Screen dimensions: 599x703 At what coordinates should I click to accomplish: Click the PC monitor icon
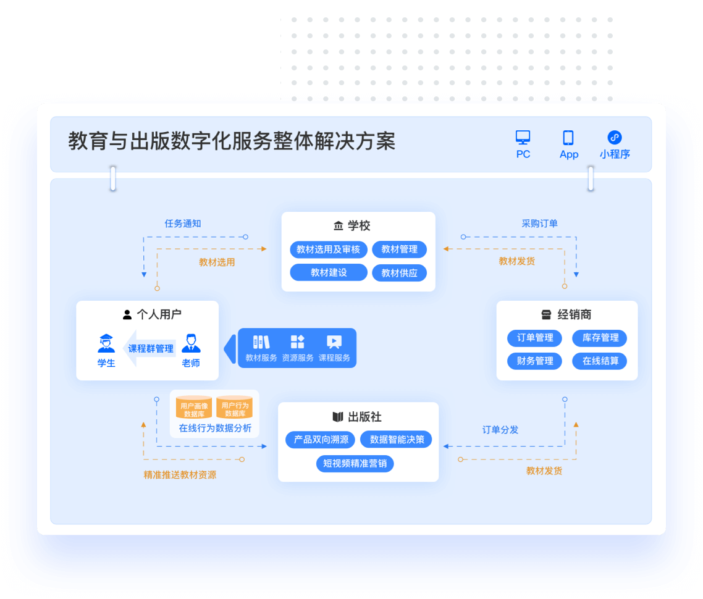click(x=523, y=137)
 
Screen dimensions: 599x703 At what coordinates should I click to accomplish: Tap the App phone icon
click(x=568, y=138)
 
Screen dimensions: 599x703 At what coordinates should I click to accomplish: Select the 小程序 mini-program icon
click(x=615, y=137)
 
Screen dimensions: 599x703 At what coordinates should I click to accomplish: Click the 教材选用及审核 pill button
click(x=328, y=249)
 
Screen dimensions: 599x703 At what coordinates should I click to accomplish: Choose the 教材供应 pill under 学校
click(x=399, y=273)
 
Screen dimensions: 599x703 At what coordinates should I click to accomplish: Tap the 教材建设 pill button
click(x=328, y=272)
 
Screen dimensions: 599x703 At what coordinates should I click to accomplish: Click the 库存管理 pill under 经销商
click(x=600, y=338)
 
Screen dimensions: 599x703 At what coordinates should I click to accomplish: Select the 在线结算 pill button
click(x=600, y=361)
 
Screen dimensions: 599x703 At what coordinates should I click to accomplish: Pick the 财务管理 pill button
click(x=535, y=361)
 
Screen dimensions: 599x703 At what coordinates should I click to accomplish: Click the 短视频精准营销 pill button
click(x=355, y=463)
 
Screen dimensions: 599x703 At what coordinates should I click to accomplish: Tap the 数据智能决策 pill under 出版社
click(x=397, y=440)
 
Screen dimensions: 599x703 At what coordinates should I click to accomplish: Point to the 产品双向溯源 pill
click(x=321, y=440)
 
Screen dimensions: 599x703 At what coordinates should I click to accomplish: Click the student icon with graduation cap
click(x=106, y=343)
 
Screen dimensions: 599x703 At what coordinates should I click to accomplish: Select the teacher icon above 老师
click(x=191, y=343)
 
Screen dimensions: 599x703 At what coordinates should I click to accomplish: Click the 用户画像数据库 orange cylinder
click(x=194, y=408)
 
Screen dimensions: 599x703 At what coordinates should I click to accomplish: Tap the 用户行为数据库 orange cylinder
click(x=235, y=408)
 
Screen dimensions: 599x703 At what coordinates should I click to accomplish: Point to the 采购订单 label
click(x=539, y=224)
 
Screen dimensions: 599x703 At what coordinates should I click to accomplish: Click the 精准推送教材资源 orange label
click(x=180, y=475)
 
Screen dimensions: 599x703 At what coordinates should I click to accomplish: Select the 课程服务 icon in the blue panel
click(x=334, y=342)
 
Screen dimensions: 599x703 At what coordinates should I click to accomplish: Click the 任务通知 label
click(x=182, y=224)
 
